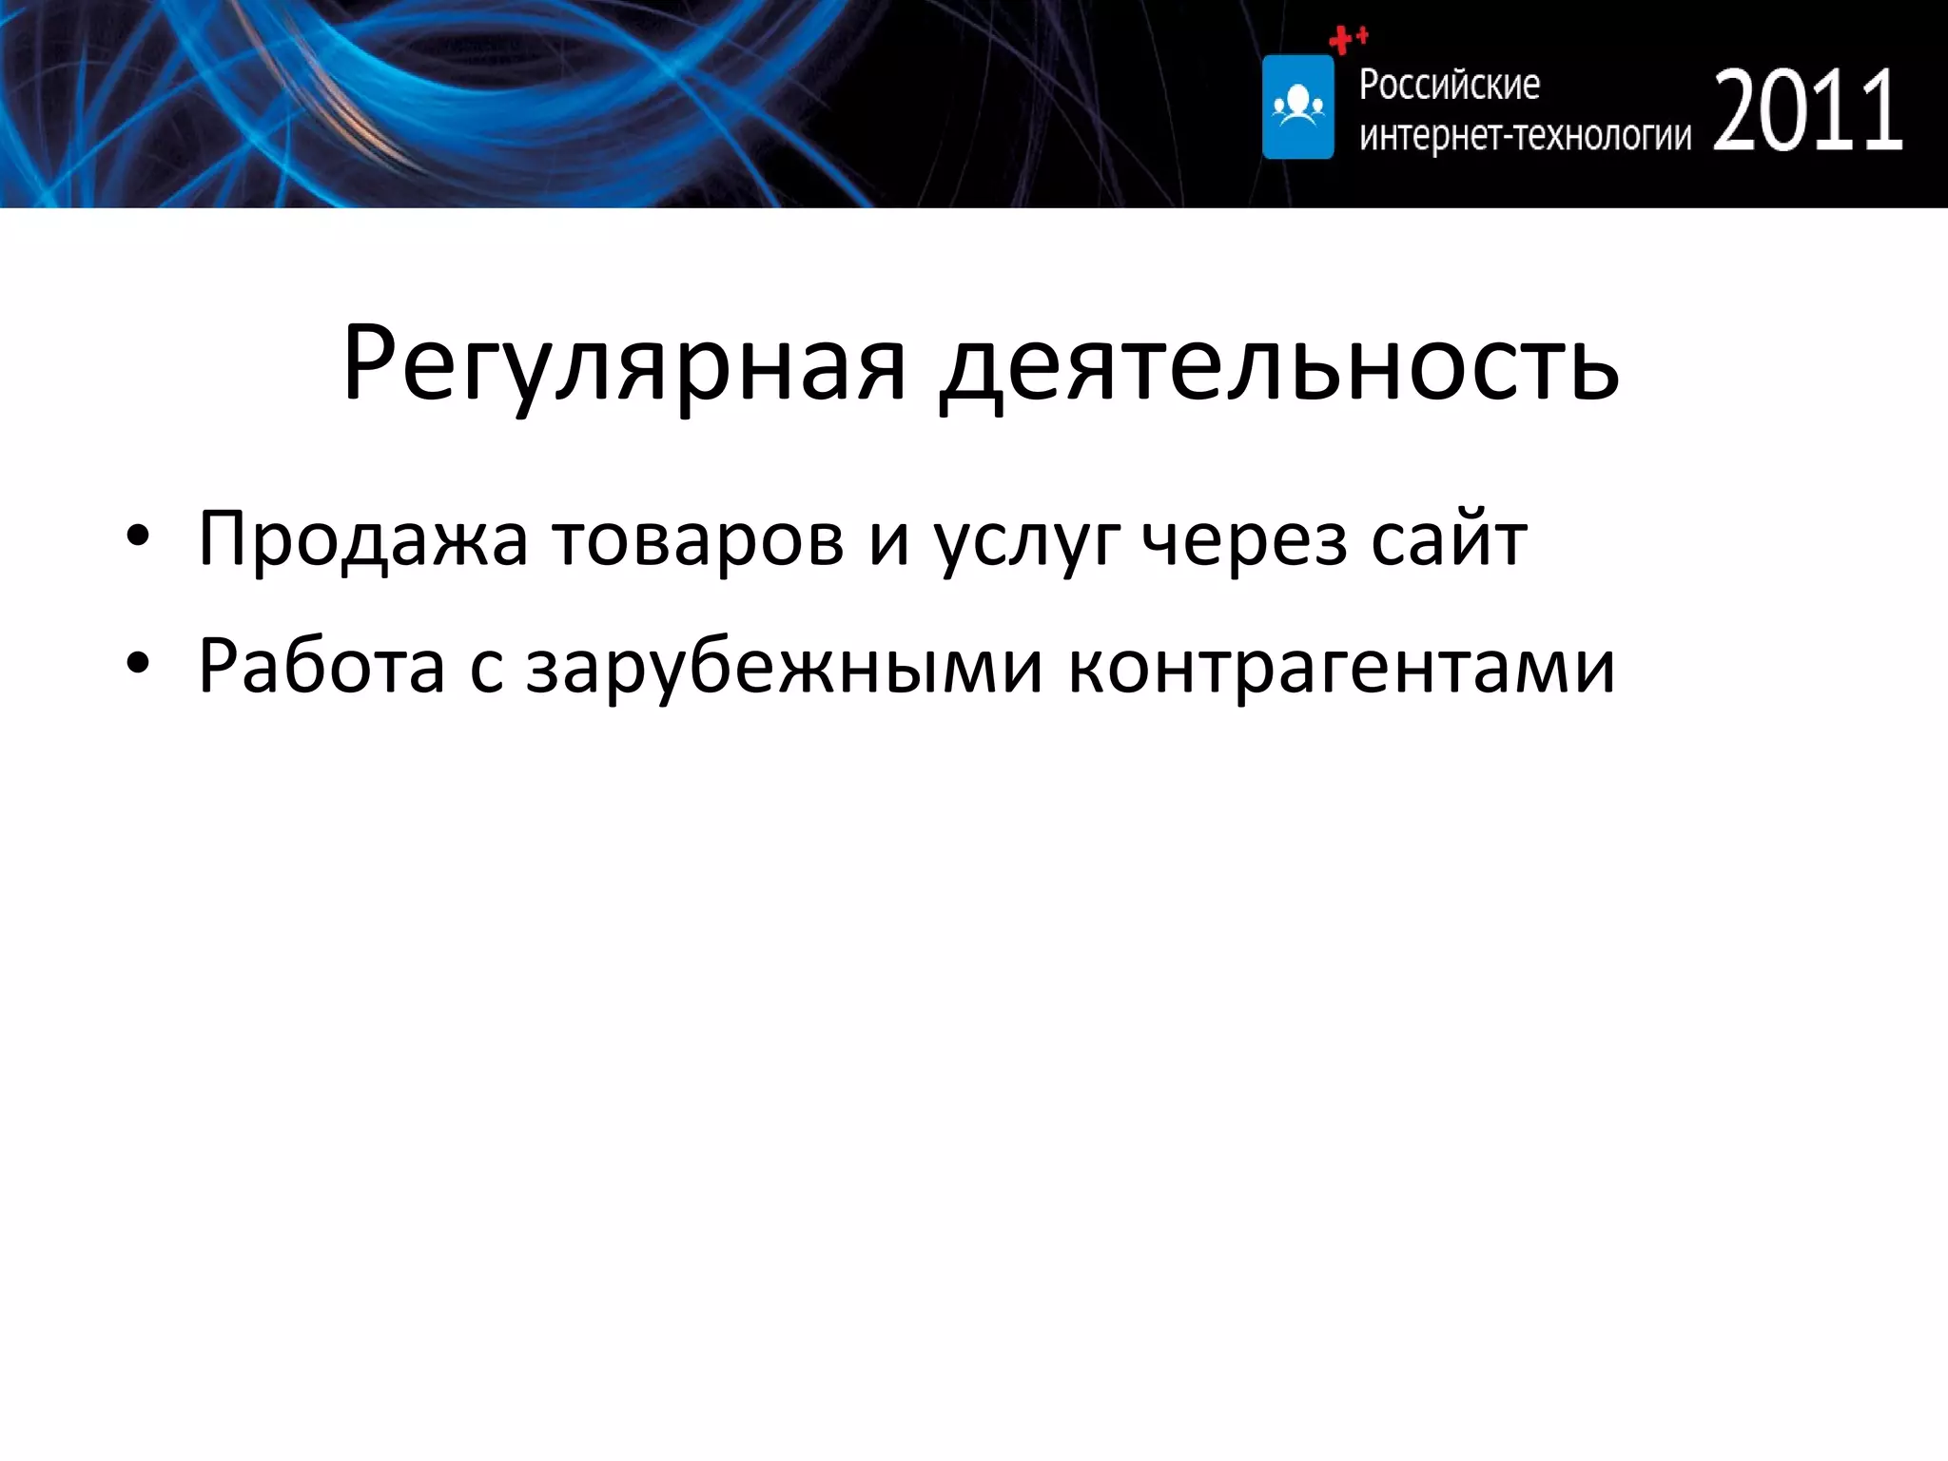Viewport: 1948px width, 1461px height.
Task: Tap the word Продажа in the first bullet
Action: click(362, 539)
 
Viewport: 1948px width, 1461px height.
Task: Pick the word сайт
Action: click(1449, 539)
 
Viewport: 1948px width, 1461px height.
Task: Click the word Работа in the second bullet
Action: click(321, 666)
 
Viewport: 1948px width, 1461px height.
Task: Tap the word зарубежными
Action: click(785, 666)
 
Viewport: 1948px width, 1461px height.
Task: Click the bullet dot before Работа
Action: click(138, 664)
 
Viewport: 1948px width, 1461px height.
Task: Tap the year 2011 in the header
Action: click(1807, 111)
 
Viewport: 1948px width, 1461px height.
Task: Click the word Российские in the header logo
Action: click(1449, 86)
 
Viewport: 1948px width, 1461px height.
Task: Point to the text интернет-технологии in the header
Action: click(1525, 136)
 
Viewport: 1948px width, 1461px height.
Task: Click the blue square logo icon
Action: click(1297, 107)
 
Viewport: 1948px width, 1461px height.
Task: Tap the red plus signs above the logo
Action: click(1348, 39)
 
